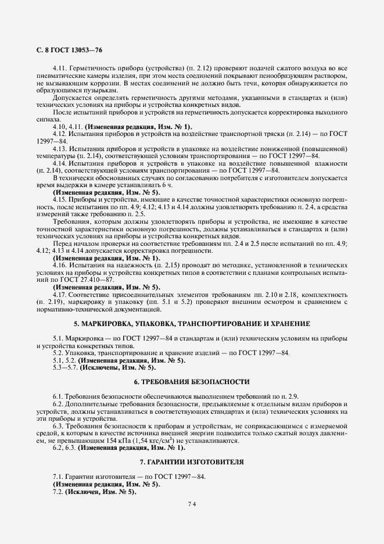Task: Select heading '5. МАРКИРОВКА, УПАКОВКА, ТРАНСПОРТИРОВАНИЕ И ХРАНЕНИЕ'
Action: pyautogui.click(x=192, y=323)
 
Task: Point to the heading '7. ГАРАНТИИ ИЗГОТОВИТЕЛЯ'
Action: pyautogui.click(x=192, y=461)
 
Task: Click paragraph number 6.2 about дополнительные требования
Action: pyautogui.click(x=58, y=404)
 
